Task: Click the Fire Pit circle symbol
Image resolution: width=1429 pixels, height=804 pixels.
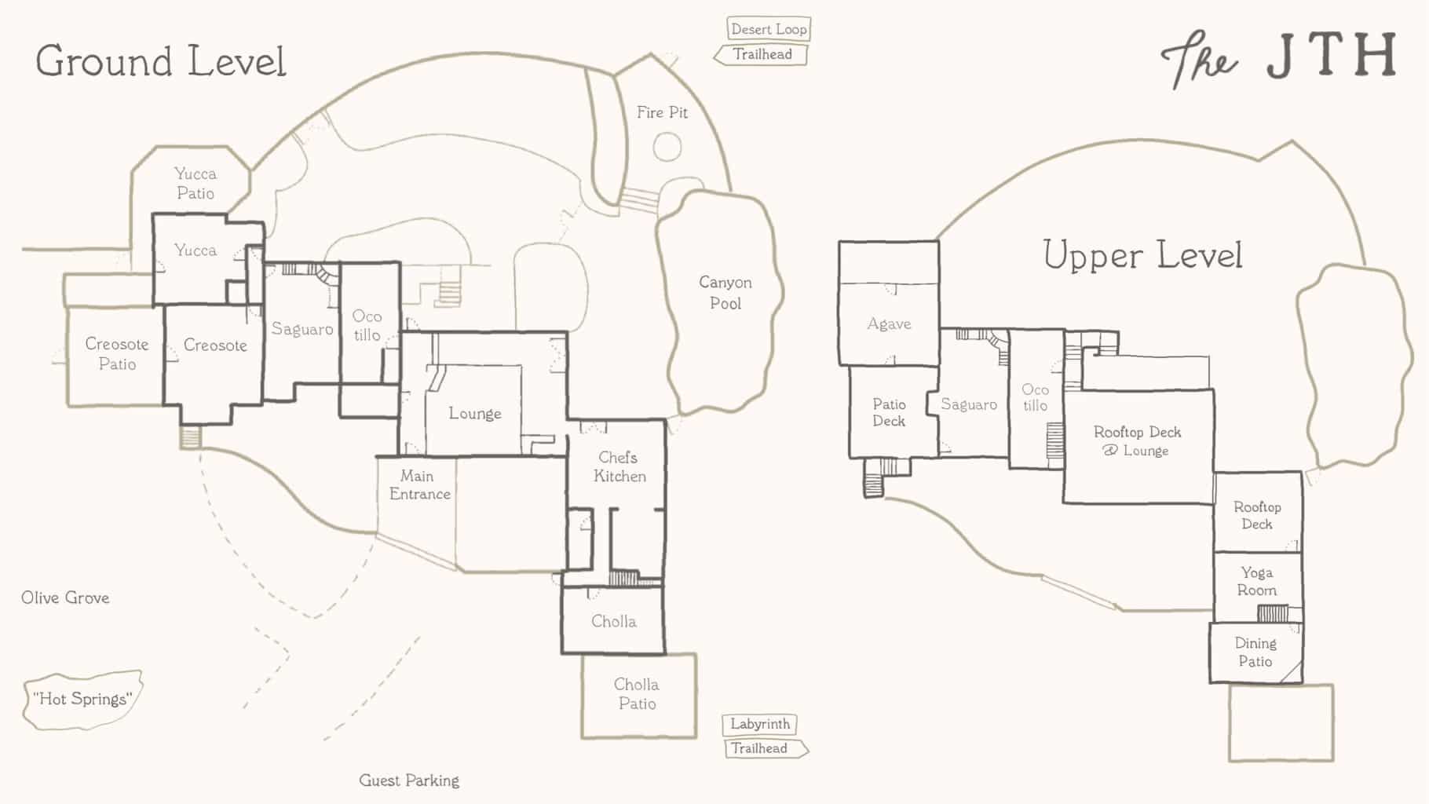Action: coord(667,147)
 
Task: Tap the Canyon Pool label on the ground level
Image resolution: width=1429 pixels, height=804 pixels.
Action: coord(725,292)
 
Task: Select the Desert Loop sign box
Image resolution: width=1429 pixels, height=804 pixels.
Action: coord(769,29)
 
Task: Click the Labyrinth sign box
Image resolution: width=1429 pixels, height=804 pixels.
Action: coord(760,724)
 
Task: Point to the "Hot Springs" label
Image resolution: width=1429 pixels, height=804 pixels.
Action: coord(82,699)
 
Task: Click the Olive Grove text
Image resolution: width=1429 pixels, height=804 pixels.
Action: coord(65,598)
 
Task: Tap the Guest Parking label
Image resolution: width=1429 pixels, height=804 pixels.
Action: coord(409,780)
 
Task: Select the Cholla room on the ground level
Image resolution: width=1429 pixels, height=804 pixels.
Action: coord(613,620)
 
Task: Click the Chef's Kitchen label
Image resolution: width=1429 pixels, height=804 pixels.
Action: coord(619,466)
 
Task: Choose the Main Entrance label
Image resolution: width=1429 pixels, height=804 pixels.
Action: coord(419,484)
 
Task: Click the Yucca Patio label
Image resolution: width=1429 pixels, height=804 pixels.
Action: coord(196,183)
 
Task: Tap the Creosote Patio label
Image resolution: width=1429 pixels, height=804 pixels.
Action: coord(117,353)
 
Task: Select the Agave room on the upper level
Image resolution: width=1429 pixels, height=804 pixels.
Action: coord(889,323)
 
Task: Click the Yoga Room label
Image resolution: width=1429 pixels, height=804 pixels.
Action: coord(1257,581)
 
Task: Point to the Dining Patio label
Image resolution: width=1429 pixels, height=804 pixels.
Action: coord(1255,652)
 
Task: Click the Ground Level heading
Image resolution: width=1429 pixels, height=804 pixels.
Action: coord(161,61)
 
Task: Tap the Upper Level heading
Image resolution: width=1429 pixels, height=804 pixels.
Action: coord(1142,255)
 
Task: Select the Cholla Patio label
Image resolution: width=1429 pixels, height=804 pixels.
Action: coord(637,694)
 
